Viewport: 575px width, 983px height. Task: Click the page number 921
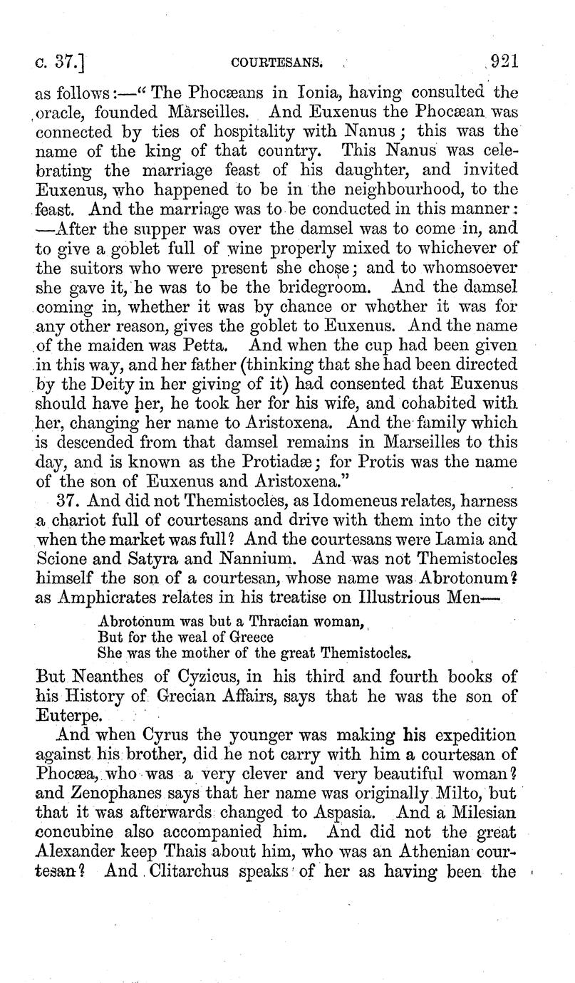(x=500, y=62)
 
